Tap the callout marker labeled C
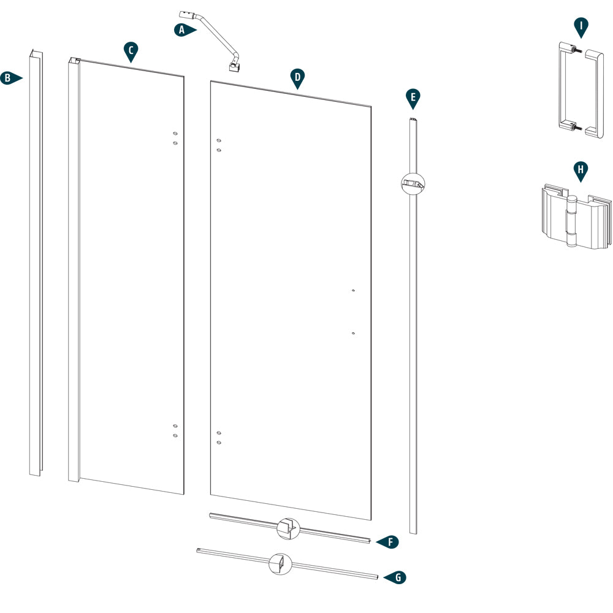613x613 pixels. (130, 51)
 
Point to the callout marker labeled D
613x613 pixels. (297, 77)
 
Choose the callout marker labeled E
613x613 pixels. (413, 97)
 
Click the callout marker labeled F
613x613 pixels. (389, 542)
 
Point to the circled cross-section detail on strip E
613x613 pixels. (413, 182)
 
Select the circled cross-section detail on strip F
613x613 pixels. (287, 527)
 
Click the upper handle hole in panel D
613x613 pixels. (354, 291)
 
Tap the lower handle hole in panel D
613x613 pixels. (354, 333)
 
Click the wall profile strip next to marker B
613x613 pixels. (35, 264)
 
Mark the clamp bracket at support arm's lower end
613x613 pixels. (234, 65)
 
